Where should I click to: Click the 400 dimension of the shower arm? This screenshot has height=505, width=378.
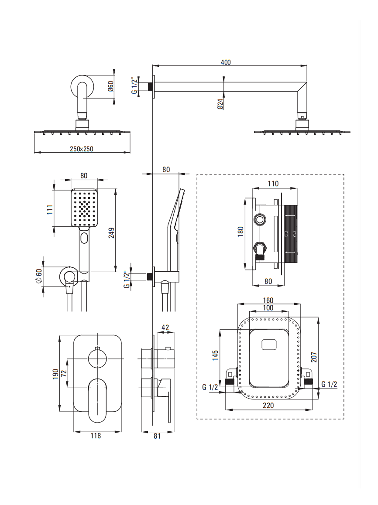[x=225, y=62]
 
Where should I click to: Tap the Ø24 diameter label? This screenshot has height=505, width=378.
[x=220, y=104]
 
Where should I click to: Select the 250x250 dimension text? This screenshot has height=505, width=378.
[x=82, y=149]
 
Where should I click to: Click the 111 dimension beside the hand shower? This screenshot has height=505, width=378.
[x=50, y=210]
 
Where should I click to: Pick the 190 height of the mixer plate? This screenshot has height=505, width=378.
[x=55, y=374]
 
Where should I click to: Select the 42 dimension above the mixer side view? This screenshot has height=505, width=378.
[x=165, y=328]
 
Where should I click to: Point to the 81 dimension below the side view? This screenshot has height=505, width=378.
[x=157, y=435]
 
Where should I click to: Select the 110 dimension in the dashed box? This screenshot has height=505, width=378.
[x=273, y=184]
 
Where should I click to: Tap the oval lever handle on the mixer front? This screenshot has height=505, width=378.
[x=97, y=400]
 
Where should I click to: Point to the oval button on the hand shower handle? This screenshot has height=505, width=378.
[x=84, y=238]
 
